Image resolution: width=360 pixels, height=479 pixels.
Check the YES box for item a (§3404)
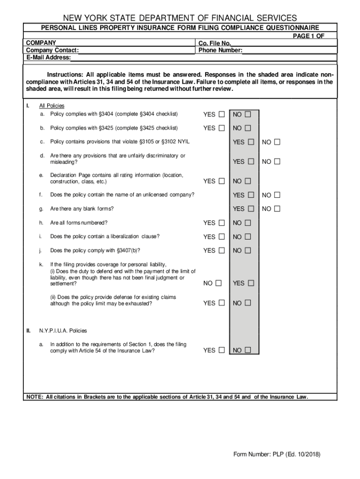pos(221,114)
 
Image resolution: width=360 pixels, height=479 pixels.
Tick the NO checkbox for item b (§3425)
pos(247,128)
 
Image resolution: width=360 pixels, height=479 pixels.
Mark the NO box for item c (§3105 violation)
pos(277,142)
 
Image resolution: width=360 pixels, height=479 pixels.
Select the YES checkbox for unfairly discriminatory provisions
pos(251,161)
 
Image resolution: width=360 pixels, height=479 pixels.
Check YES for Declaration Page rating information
pos(221,181)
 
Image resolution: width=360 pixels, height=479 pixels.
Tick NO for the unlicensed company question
pos(277,195)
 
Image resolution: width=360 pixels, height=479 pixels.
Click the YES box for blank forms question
pos(251,209)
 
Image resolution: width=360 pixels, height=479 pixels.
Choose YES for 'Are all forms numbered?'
pos(221,223)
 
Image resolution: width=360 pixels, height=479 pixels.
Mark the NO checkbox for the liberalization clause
pos(247,237)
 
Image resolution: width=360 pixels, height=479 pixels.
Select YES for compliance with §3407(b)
pos(221,251)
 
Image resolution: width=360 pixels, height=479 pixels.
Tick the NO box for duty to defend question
pos(218,283)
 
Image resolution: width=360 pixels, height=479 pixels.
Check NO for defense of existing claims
pos(247,303)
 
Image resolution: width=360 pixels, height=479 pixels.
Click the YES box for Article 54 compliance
pos(221,350)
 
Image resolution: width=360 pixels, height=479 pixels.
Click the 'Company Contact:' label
pos(52,51)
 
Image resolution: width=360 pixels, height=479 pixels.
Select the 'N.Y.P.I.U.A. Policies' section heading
pos(63,331)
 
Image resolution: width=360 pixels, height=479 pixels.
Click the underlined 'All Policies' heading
pos(52,106)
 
